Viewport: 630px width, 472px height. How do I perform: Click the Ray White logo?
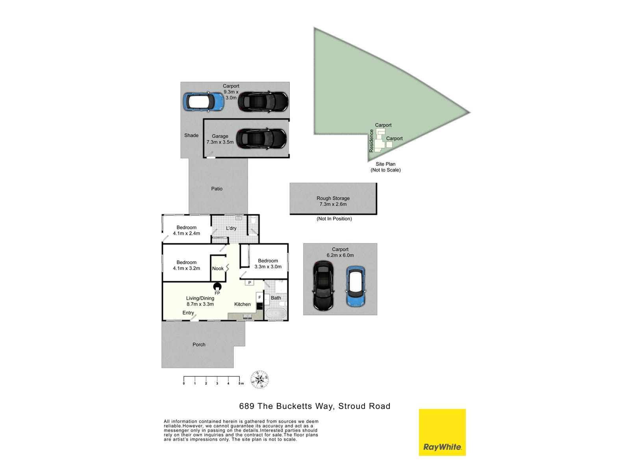(x=442, y=432)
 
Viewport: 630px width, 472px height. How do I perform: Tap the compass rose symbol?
(x=260, y=380)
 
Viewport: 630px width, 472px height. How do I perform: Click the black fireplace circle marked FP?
(x=217, y=287)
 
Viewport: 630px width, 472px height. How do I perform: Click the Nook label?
(x=218, y=269)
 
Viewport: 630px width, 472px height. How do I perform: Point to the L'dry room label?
(x=231, y=228)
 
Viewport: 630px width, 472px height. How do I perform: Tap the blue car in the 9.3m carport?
(x=204, y=102)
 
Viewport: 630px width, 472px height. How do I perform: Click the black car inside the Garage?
(x=261, y=139)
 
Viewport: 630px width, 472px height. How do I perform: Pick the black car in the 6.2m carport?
(x=323, y=286)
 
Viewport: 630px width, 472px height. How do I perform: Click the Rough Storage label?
(x=333, y=198)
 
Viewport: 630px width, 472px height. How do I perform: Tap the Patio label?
(x=217, y=189)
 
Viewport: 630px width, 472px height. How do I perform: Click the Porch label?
(x=199, y=345)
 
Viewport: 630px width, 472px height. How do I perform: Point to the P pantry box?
(x=250, y=282)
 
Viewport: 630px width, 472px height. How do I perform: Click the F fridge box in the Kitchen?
(x=259, y=297)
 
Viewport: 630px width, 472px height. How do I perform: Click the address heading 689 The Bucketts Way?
(x=315, y=406)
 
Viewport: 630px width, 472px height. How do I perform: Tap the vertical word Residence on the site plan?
(x=371, y=141)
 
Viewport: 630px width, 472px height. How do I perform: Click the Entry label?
(x=188, y=313)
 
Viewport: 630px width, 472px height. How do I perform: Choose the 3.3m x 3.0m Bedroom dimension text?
(x=268, y=267)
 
